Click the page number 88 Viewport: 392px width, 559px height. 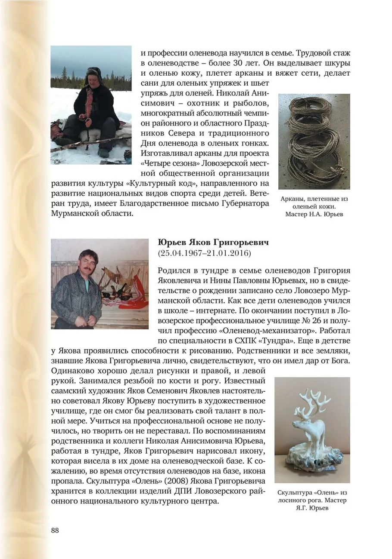55,530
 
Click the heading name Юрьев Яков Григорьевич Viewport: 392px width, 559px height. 213,243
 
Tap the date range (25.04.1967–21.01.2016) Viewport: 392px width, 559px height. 205,253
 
